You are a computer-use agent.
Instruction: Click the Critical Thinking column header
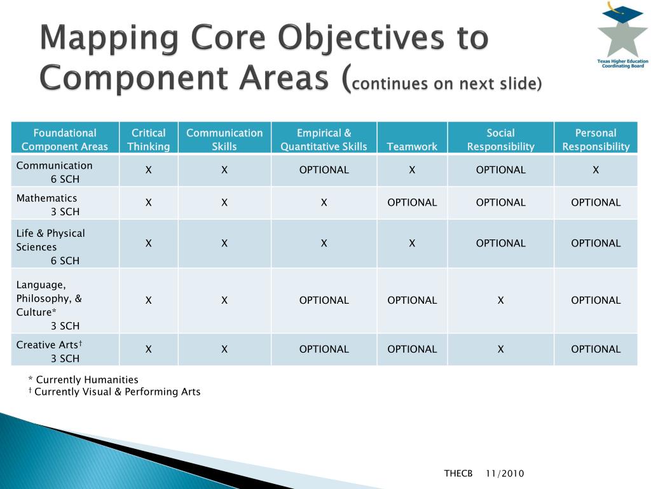pyautogui.click(x=148, y=139)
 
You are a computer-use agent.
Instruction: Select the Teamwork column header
pyautogui.click(x=412, y=146)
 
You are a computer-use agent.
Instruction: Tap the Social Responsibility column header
pyautogui.click(x=500, y=139)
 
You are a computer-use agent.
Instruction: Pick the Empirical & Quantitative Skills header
pyautogui.click(x=324, y=139)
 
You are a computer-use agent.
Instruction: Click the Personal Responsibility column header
pyautogui.click(x=596, y=139)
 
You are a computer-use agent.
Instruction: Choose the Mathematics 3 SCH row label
pyautogui.click(x=47, y=204)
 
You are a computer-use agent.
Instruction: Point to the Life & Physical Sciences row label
pyautogui.click(x=51, y=246)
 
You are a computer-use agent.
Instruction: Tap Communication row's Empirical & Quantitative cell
pyautogui.click(x=324, y=170)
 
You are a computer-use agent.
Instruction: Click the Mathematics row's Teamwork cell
pyautogui.click(x=412, y=202)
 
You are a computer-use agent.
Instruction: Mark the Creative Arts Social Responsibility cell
pyautogui.click(x=500, y=349)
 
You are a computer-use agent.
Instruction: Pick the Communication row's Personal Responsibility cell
pyautogui.click(x=596, y=170)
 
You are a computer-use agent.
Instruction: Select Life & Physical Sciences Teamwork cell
pyautogui.click(x=412, y=243)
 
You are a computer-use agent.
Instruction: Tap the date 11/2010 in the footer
pyautogui.click(x=505, y=473)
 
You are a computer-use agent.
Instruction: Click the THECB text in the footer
pyautogui.click(x=458, y=473)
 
